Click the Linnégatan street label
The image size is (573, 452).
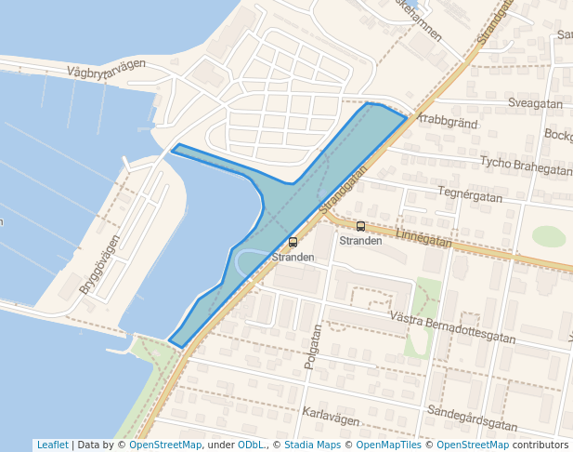[x=423, y=238]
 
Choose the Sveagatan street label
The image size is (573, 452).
[x=537, y=104]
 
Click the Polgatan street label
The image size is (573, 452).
[x=313, y=347]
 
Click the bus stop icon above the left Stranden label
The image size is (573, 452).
[x=293, y=243]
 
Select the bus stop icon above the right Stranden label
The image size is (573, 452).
[x=360, y=226]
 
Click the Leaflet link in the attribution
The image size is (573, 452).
[x=52, y=445]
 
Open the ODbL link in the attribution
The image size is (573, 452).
[x=250, y=445]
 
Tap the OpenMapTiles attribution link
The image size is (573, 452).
[x=388, y=445]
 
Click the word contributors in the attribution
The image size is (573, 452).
[x=540, y=445]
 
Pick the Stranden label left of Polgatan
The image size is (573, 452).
[x=293, y=257]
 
